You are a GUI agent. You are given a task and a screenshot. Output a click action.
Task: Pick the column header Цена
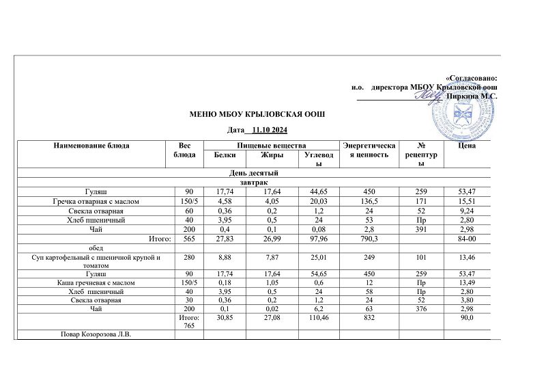pyautogui.click(x=468, y=146)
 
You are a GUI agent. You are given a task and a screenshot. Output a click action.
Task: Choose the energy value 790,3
pyautogui.click(x=371, y=238)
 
